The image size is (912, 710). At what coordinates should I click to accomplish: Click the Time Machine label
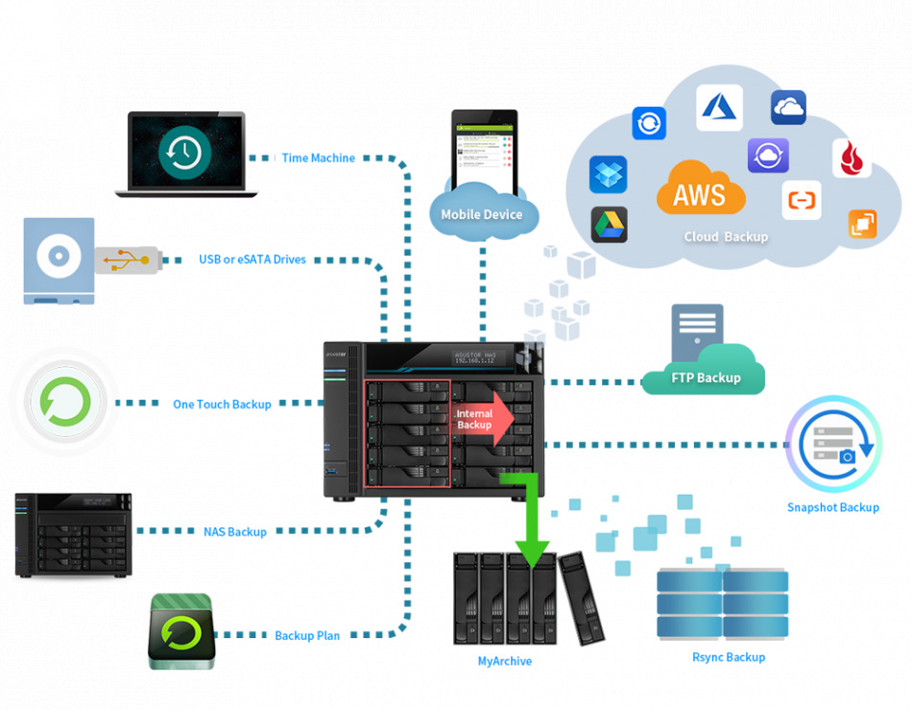(318, 158)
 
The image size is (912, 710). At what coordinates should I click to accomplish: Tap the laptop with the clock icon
(185, 154)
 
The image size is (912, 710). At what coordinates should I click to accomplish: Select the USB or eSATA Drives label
(252, 259)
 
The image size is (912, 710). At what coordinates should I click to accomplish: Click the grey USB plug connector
(128, 259)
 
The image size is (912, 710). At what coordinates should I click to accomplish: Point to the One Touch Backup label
(222, 404)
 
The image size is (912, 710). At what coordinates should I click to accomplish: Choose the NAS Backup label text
(234, 531)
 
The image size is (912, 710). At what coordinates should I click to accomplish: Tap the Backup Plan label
(307, 635)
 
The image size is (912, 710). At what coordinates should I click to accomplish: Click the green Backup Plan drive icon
(181, 631)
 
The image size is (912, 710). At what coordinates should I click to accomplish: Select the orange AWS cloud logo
(700, 191)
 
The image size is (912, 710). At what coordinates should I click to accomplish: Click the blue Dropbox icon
(608, 175)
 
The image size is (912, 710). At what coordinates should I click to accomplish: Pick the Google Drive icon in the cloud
(608, 224)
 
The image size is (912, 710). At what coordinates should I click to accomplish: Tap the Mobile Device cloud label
(482, 214)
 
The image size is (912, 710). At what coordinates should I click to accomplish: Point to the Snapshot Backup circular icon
(832, 445)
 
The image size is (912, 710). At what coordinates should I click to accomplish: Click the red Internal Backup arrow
(483, 418)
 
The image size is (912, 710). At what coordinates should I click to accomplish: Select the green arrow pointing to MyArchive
(531, 524)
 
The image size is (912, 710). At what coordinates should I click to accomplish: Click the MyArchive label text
(504, 661)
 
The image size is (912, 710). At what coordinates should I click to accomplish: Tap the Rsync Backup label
(729, 657)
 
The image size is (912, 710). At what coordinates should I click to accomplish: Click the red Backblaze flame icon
(851, 159)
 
